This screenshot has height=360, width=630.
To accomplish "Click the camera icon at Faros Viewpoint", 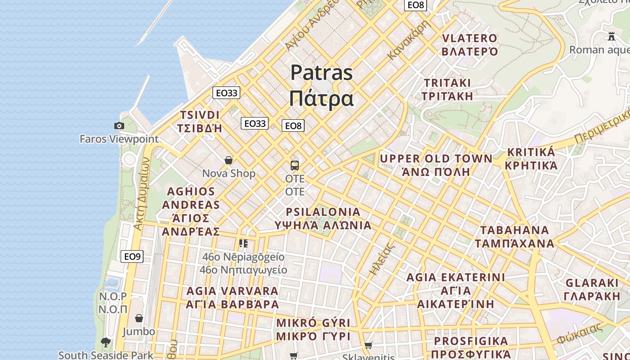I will click(x=119, y=126).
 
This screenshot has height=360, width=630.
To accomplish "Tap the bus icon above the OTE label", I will click(x=295, y=165).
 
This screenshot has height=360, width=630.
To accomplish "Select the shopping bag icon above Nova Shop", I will click(x=229, y=160).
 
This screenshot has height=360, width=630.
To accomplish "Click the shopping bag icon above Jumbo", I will click(x=139, y=318).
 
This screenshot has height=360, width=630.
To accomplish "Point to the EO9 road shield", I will click(x=132, y=256).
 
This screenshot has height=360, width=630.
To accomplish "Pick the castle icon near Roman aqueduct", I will click(x=611, y=36).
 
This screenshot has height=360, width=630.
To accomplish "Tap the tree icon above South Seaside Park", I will click(x=106, y=342).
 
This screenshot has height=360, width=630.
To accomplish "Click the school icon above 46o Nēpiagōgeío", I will click(x=243, y=243).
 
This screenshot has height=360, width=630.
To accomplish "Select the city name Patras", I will click(x=321, y=72).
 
